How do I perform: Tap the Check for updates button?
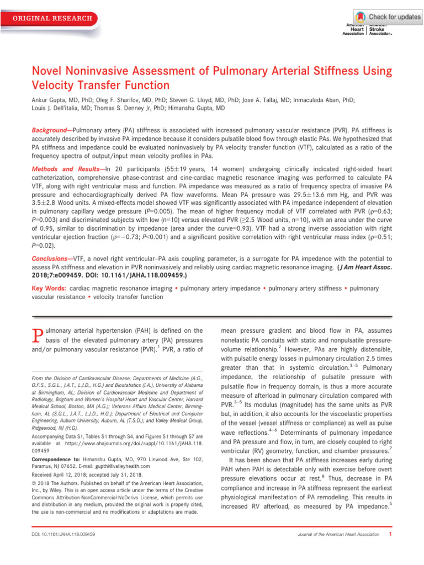(394, 17)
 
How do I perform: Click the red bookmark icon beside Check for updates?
(361, 17)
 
